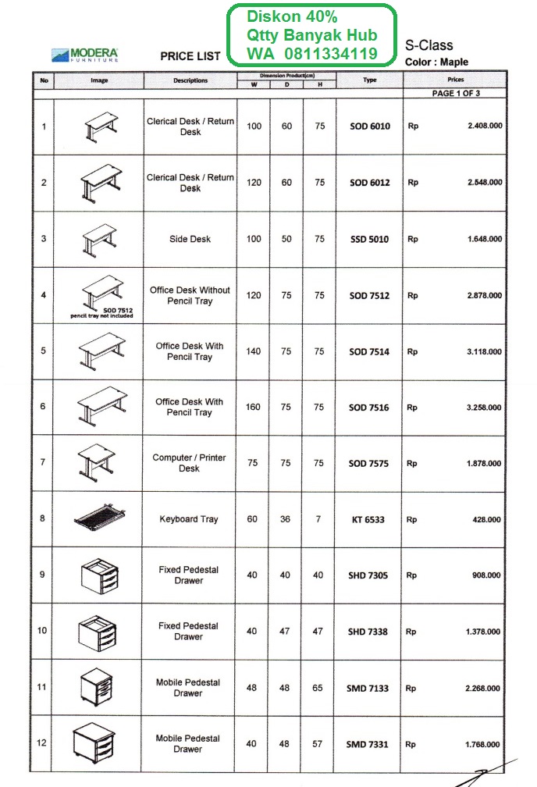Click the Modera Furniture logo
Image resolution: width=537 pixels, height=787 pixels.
(85, 55)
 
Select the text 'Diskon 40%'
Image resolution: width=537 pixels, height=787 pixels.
(292, 16)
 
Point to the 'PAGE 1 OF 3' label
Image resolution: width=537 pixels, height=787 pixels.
(456, 94)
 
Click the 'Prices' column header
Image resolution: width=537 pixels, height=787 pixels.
(456, 80)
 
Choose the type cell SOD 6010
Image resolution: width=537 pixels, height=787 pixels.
(369, 126)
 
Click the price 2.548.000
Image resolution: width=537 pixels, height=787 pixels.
(484, 183)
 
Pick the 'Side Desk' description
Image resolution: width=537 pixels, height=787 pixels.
(190, 239)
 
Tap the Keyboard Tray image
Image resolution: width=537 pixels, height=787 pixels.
(99, 518)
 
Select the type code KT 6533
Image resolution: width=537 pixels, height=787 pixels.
(368, 520)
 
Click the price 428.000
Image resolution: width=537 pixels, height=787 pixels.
(489, 520)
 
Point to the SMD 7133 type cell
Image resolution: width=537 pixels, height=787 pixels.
(368, 689)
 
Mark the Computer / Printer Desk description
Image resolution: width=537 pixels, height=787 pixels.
(190, 463)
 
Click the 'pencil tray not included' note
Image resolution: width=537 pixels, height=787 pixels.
(101, 316)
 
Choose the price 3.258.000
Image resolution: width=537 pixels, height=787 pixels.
(484, 408)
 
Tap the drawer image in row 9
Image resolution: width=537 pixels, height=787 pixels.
(99, 576)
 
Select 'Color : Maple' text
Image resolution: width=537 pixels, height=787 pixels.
(437, 62)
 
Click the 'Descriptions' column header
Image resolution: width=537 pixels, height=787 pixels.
(190, 80)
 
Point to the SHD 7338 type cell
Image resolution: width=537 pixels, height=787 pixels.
(368, 632)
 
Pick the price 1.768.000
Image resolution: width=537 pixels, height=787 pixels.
(484, 745)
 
